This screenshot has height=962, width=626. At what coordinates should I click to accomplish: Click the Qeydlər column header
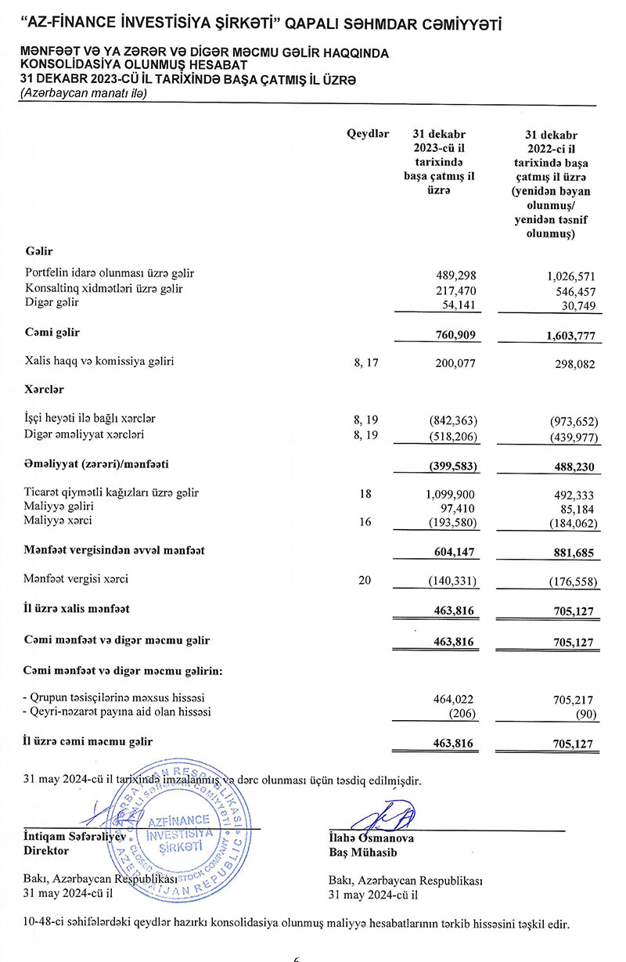point(368,134)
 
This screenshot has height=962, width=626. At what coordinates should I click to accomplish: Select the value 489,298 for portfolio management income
point(455,274)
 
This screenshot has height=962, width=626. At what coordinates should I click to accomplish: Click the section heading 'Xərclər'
point(44,389)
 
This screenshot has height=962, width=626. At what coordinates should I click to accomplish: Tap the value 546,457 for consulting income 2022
point(570,289)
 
